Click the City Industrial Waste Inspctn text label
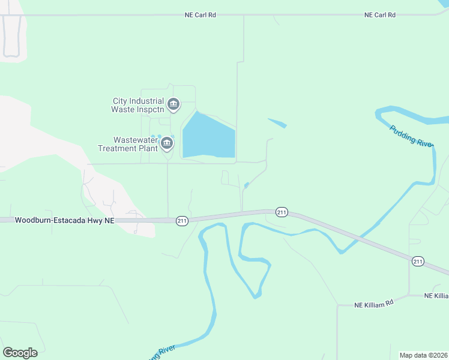(137, 105)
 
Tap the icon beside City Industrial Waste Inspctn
(173, 105)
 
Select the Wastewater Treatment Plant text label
(128, 143)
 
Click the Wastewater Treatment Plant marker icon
(167, 143)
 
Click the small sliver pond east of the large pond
(277, 123)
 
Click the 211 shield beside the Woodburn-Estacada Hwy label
(182, 221)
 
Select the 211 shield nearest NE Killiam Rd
(418, 260)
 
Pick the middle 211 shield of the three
(282, 212)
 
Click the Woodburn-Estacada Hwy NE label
(64, 221)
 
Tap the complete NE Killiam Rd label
(373, 304)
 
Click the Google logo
(20, 353)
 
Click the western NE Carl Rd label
(200, 15)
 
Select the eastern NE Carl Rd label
(380, 15)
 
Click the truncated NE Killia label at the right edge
(436, 296)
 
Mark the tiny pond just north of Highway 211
(247, 185)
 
